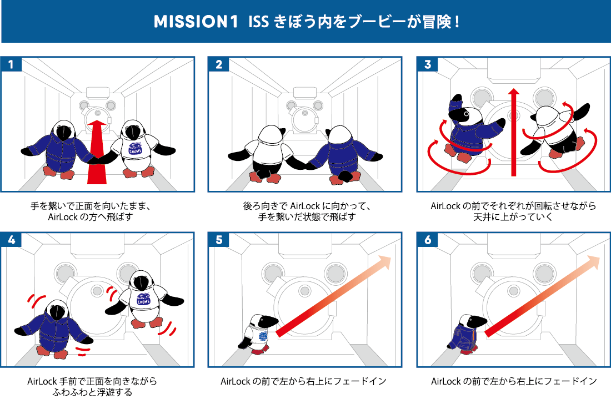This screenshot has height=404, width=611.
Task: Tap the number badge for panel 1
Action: [11, 64]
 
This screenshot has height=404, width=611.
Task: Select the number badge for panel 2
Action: [218, 64]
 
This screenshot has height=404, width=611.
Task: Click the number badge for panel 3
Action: [427, 64]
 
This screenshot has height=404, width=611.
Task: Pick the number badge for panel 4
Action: [11, 240]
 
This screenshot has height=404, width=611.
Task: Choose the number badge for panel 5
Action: [218, 240]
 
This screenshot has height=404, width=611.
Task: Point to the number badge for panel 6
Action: [427, 240]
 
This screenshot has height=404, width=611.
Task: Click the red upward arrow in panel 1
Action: [97, 150]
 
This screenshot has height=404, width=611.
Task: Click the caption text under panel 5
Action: [303, 381]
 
